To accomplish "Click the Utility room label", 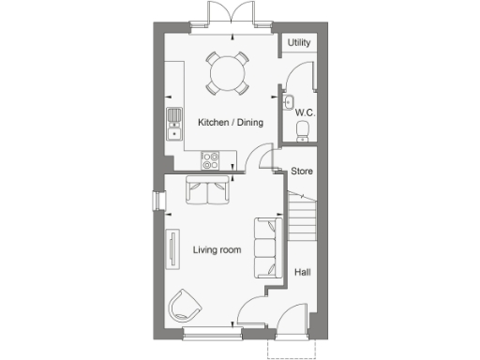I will coord(299,43).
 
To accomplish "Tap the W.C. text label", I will coord(303,112).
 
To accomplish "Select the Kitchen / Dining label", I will coord(230,123).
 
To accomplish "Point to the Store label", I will coord(301,172).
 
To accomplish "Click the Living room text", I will coord(217,249).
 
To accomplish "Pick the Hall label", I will coord(302,272).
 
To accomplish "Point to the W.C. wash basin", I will coord(289,103).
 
